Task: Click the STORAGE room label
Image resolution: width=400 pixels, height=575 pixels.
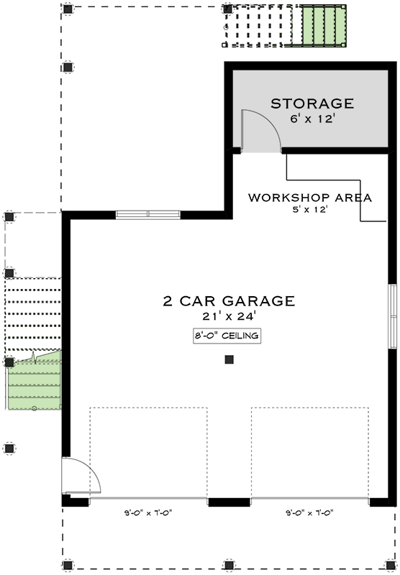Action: [x=312, y=103]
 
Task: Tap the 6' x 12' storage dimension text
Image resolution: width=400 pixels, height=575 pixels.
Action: [x=312, y=119]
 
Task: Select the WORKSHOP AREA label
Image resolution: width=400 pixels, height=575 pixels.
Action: [x=310, y=198]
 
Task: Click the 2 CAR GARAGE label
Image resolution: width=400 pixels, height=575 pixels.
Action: [x=229, y=301]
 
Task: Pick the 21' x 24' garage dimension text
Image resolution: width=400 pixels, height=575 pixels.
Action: [x=229, y=316]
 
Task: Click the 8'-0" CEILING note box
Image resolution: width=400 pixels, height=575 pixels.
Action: [x=227, y=336]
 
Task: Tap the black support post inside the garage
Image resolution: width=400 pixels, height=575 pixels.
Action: [x=229, y=360]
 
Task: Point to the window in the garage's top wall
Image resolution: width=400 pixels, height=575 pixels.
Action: [x=148, y=215]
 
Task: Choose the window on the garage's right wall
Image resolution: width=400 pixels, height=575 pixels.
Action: [x=393, y=316]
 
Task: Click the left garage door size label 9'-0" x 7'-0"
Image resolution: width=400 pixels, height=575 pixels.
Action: [x=148, y=513]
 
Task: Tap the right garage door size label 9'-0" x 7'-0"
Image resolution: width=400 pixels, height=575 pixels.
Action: [x=310, y=513]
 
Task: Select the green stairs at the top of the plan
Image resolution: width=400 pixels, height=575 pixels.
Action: [x=324, y=26]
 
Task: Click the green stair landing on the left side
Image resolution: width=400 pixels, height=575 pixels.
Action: [x=34, y=381]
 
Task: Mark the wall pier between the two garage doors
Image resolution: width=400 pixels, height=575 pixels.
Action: [x=229, y=502]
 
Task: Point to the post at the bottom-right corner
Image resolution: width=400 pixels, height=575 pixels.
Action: [x=391, y=565]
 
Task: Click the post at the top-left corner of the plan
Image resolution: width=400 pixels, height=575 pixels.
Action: [x=67, y=9]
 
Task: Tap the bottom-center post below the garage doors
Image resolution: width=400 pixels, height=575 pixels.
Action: [x=229, y=565]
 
